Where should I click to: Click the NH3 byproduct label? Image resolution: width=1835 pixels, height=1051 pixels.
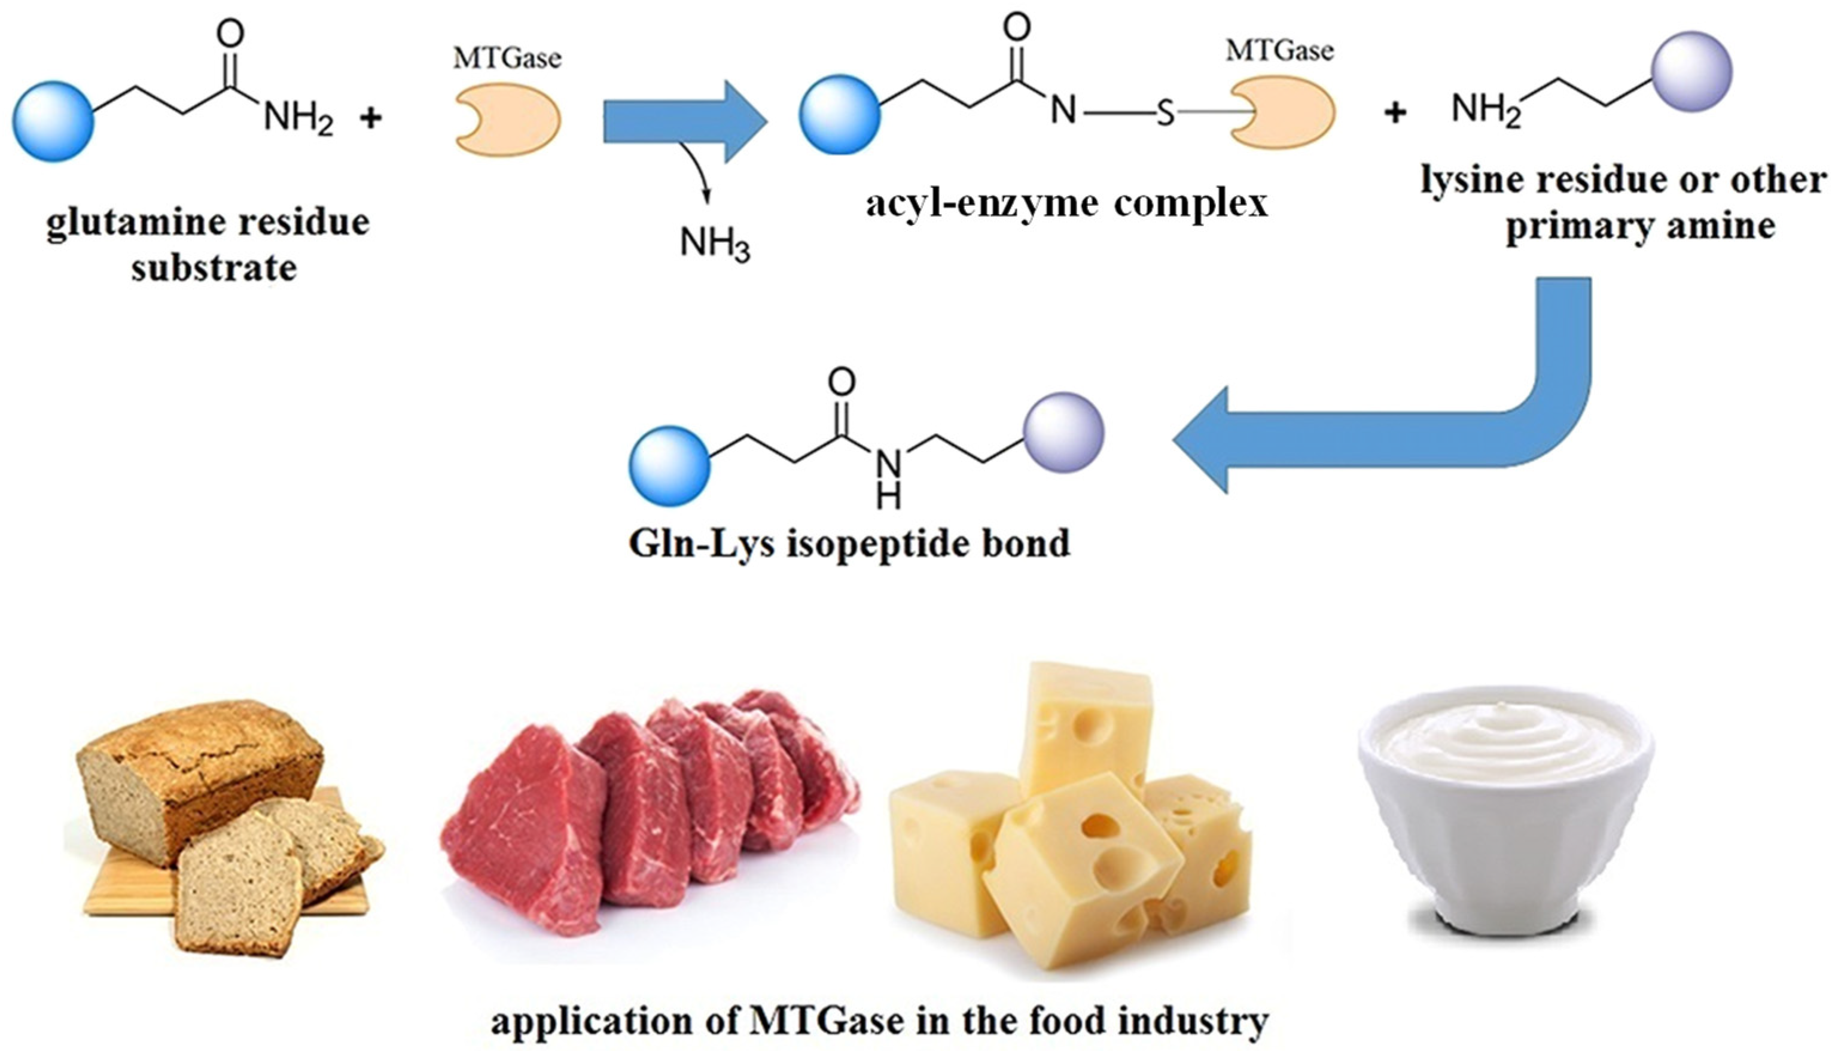tap(714, 245)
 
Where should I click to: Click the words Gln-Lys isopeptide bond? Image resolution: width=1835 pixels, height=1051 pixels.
tap(849, 543)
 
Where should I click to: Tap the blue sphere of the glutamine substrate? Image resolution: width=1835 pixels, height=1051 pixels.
tap(53, 121)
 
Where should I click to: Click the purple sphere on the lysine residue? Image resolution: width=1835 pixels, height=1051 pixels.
tap(1691, 71)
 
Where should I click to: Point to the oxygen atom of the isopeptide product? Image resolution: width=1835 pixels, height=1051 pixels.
tap(842, 382)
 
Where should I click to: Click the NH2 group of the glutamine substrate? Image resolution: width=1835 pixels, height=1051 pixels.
tap(298, 118)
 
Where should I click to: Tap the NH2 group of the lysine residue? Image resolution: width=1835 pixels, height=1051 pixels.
tap(1486, 111)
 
